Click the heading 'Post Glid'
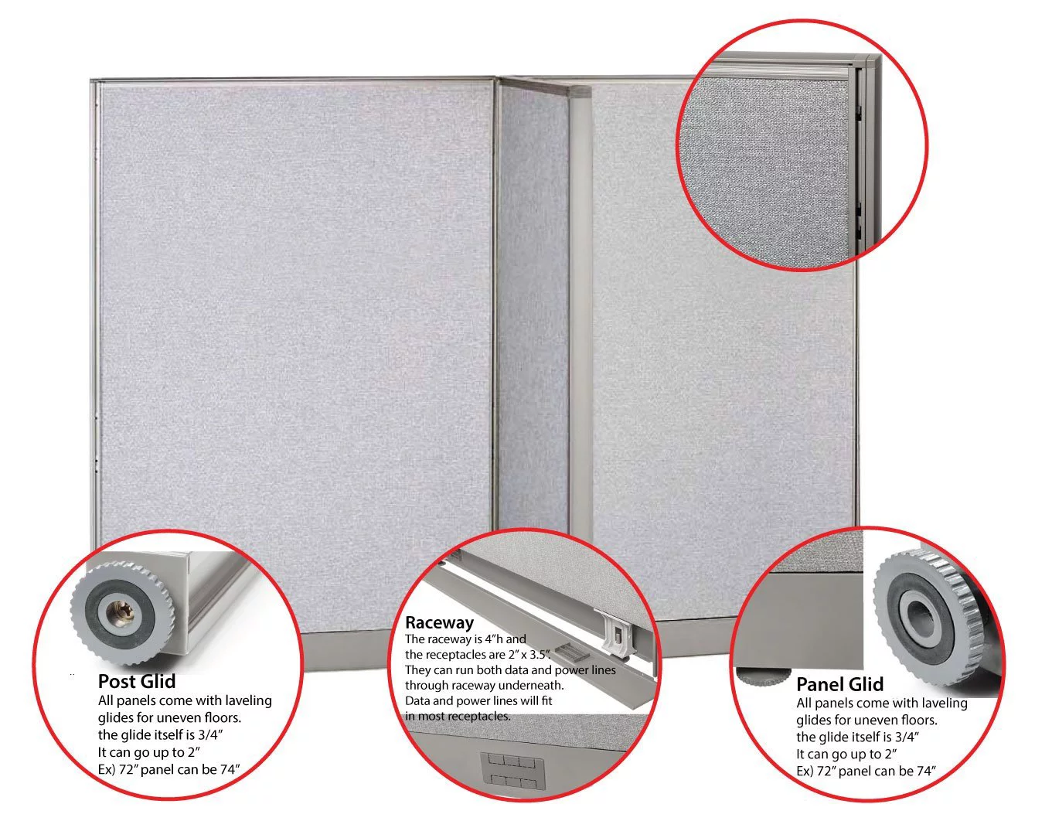tap(136, 682)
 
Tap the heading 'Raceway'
tap(439, 622)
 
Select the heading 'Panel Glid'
tap(839, 684)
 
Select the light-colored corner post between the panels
tap(580, 309)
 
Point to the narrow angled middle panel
tap(533, 309)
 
